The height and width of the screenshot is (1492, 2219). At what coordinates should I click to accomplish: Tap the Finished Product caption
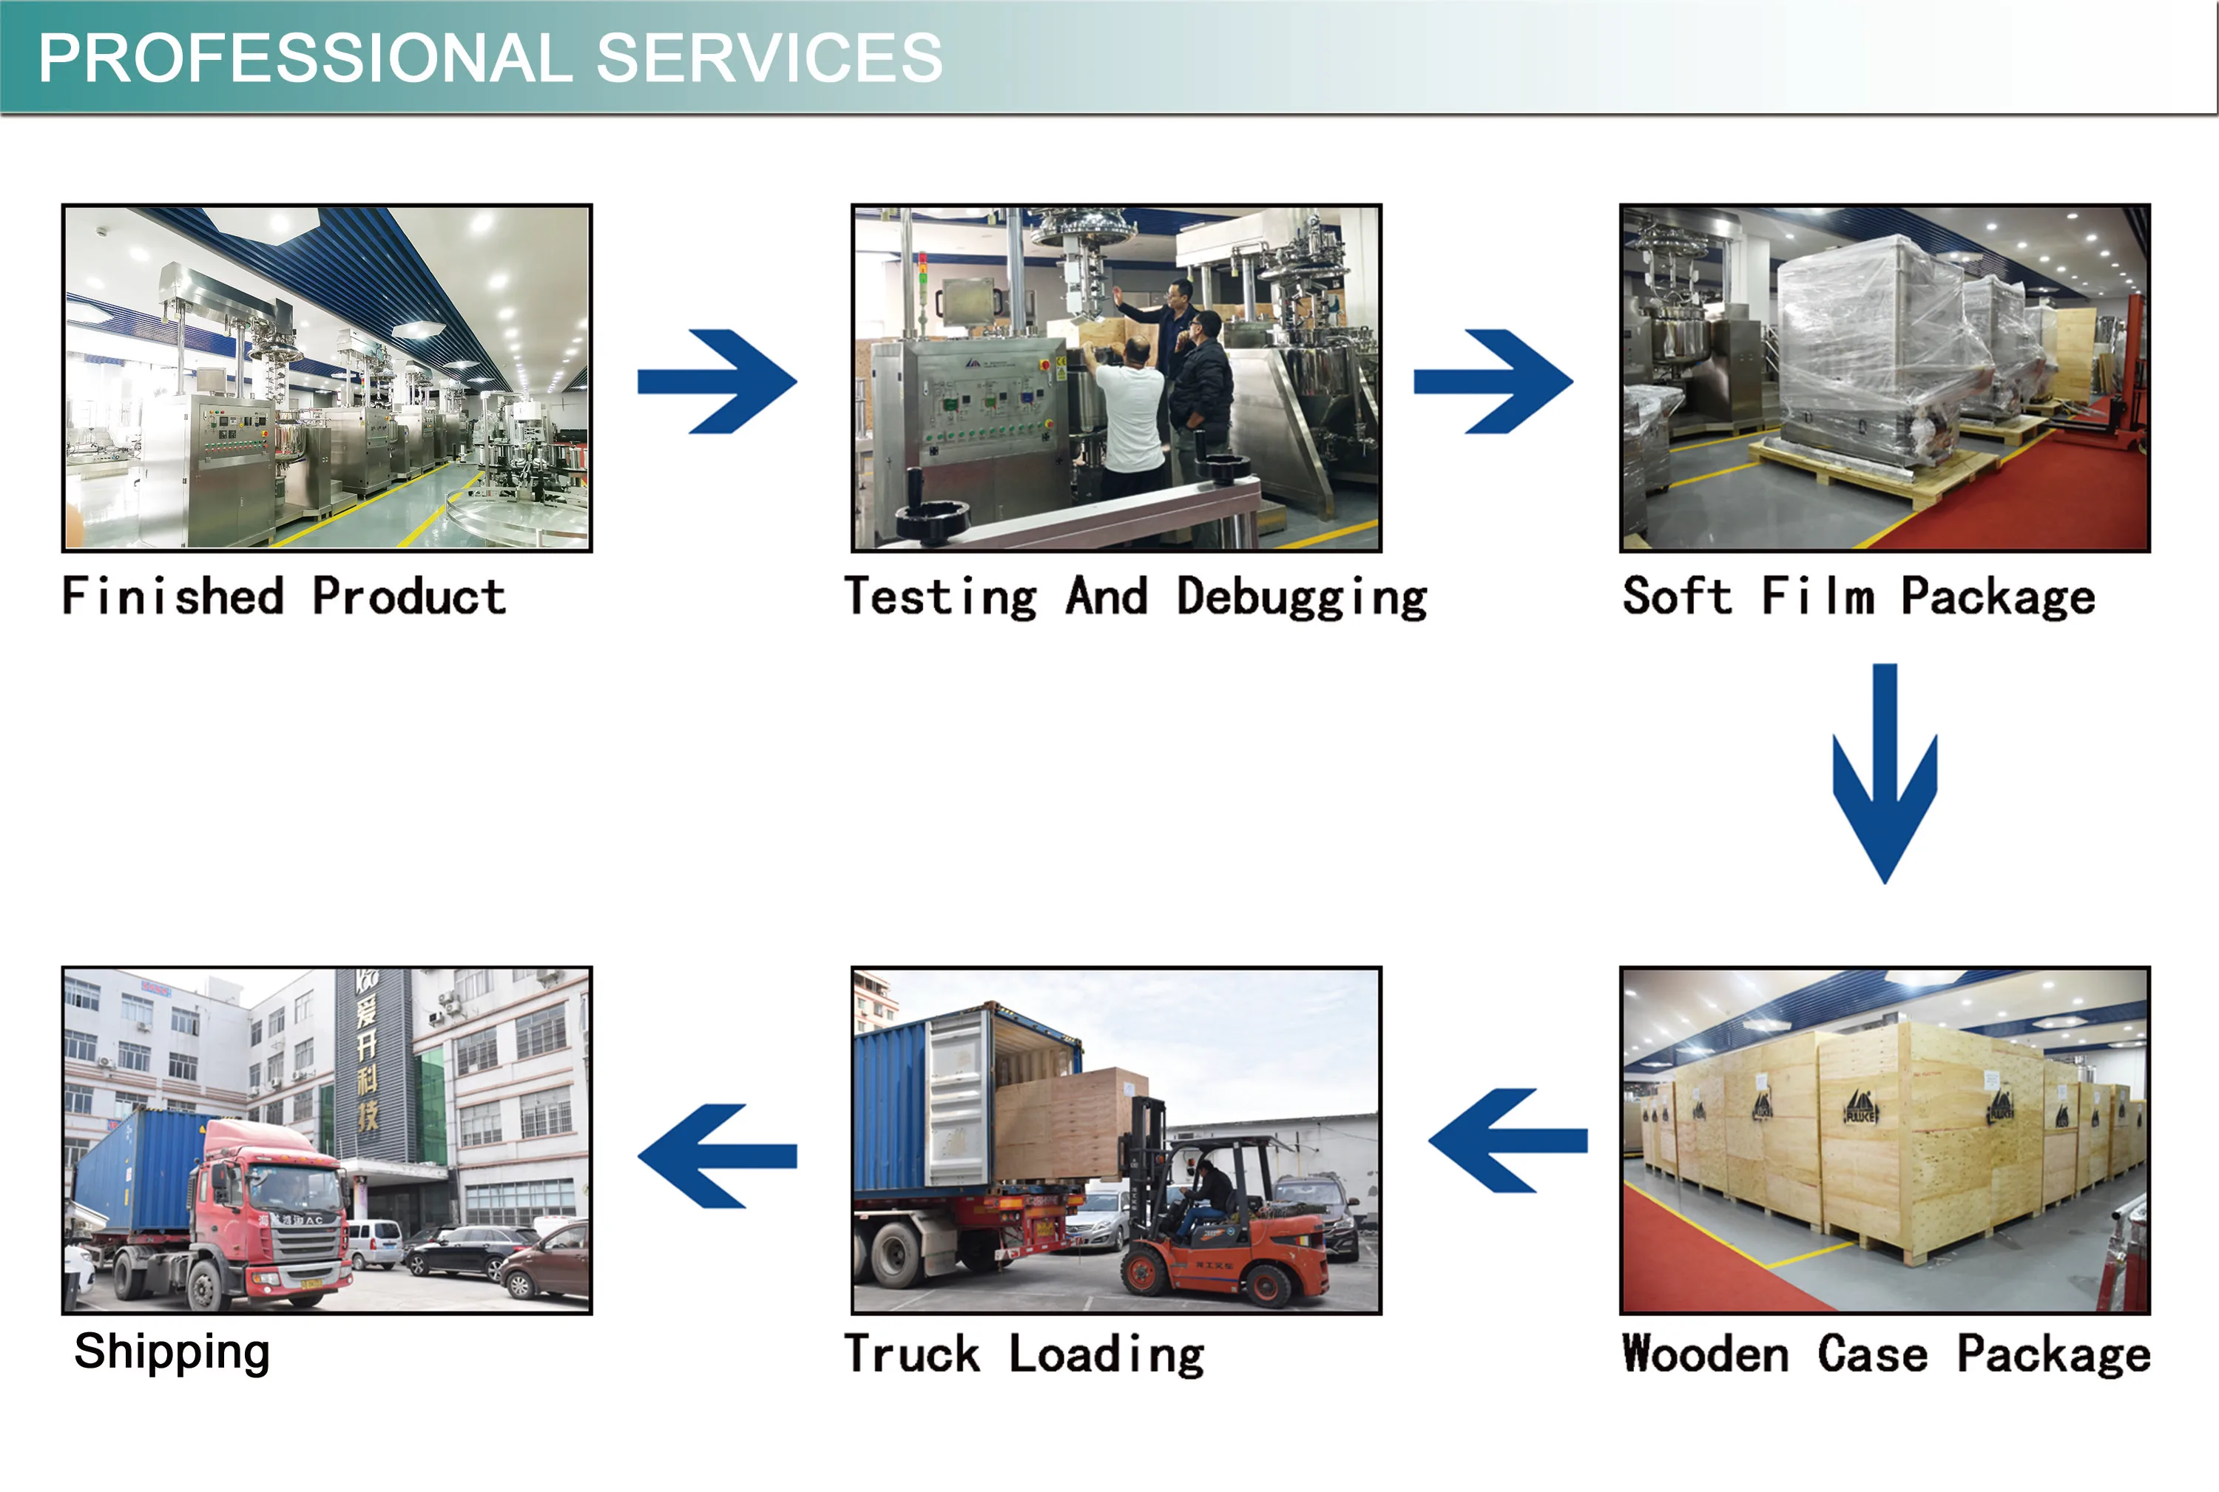click(283, 597)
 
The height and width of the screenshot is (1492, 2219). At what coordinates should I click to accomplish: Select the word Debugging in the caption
click(1302, 598)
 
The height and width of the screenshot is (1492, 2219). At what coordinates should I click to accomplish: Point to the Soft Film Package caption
click(1858, 597)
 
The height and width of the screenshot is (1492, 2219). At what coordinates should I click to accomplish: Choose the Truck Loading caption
click(1024, 1354)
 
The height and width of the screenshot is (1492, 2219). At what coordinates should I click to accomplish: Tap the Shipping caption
click(172, 1352)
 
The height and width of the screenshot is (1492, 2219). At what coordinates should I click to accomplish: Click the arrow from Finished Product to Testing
click(717, 382)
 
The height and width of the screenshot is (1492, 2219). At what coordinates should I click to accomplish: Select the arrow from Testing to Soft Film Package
click(1493, 382)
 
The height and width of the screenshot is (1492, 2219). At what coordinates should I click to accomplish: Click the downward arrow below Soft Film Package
click(1884, 773)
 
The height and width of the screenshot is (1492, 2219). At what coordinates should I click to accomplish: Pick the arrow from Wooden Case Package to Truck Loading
click(1508, 1140)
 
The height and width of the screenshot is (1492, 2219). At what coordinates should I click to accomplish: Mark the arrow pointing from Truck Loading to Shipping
click(717, 1155)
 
